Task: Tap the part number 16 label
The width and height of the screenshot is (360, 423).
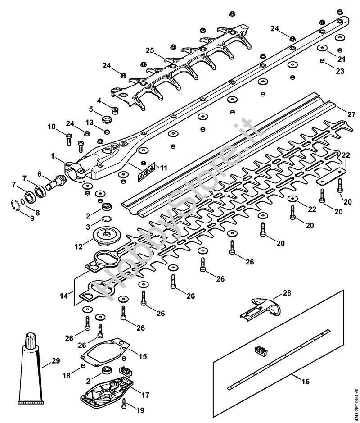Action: point(306,382)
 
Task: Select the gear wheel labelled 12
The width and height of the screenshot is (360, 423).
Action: point(108,237)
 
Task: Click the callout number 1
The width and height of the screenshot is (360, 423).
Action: point(53,156)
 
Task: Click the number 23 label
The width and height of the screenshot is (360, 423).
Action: point(340,71)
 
